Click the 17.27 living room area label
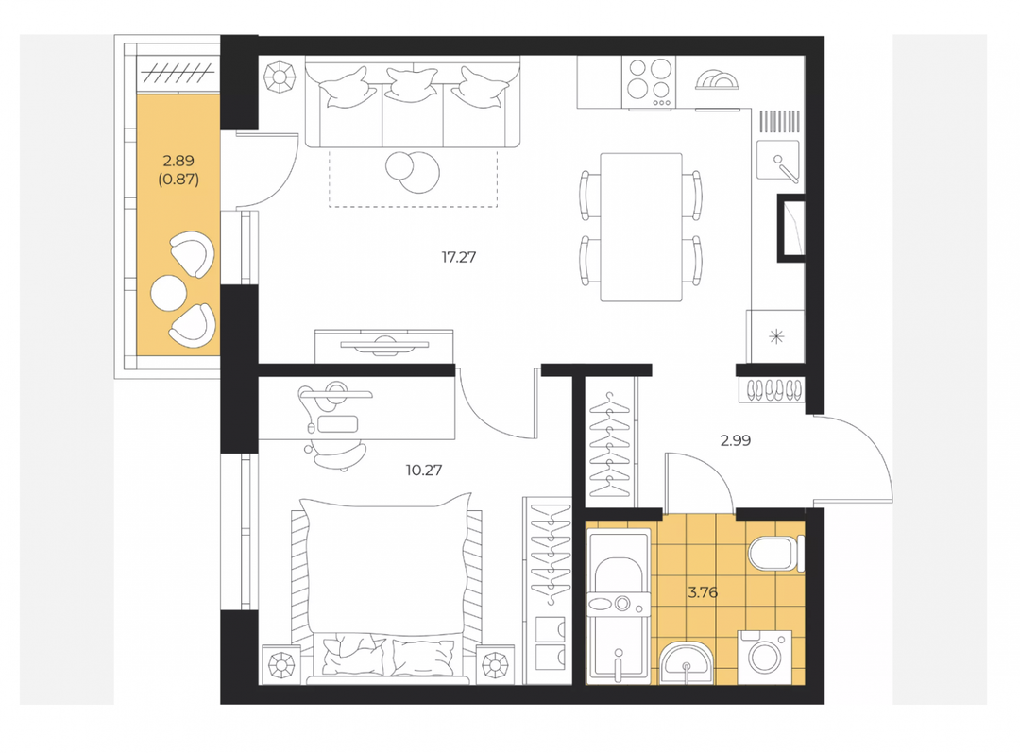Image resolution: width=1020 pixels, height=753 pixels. click(459, 257)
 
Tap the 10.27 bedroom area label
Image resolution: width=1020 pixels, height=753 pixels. click(424, 470)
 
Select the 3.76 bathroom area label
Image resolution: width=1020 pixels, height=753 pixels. click(703, 592)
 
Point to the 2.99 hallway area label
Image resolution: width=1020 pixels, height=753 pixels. click(736, 440)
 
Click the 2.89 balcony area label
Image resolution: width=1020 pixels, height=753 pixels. click(178, 160)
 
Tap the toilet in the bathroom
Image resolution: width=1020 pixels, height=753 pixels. click(776, 554)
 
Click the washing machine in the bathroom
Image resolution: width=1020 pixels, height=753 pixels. click(765, 657)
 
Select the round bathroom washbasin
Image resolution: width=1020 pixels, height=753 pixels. click(687, 664)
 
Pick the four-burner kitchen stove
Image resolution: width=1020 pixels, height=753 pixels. click(649, 82)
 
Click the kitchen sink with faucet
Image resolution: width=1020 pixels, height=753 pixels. click(778, 160)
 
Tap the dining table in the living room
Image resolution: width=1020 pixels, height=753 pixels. click(641, 227)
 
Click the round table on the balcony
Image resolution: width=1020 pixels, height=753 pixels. click(168, 293)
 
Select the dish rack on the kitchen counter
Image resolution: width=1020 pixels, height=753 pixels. click(718, 80)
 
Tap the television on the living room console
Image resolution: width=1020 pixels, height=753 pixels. click(384, 346)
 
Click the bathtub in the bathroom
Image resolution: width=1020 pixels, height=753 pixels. click(619, 607)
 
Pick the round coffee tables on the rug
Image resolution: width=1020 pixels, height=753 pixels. click(413, 171)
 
